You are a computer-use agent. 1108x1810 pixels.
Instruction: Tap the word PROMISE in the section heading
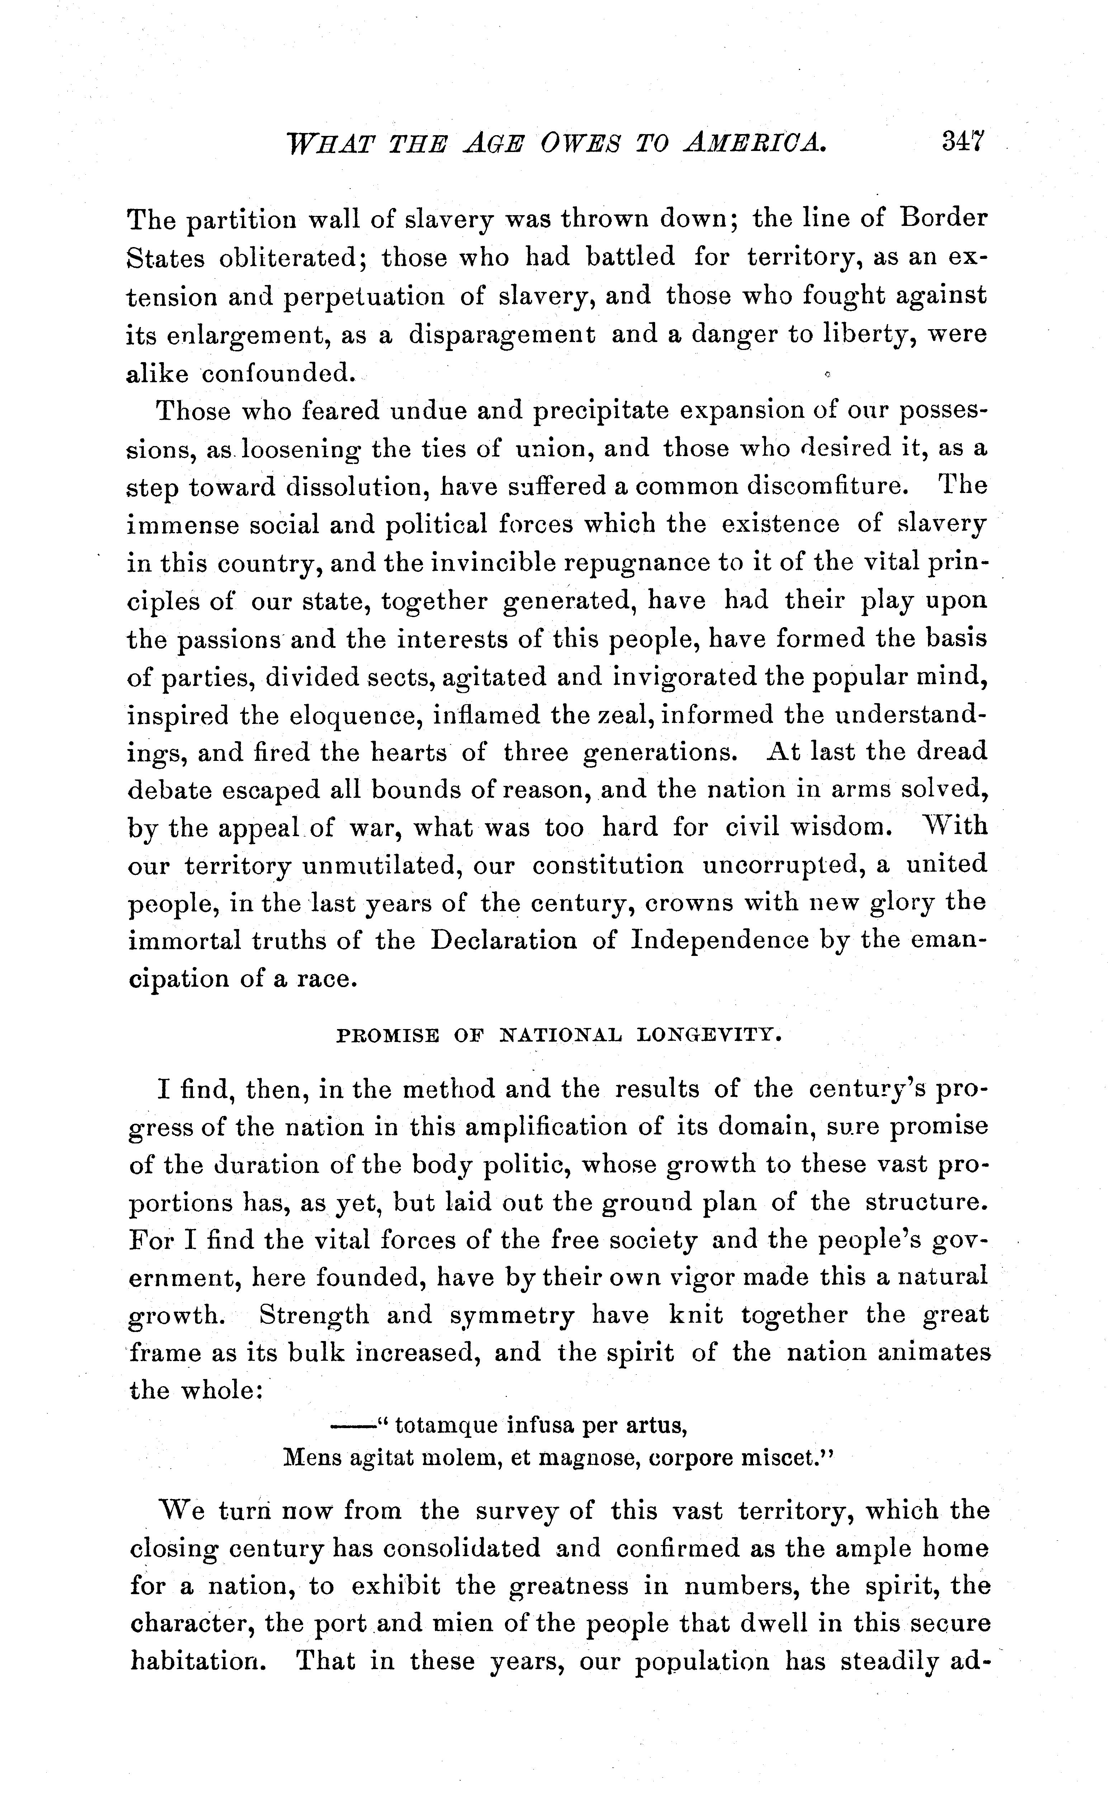click(387, 1036)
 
